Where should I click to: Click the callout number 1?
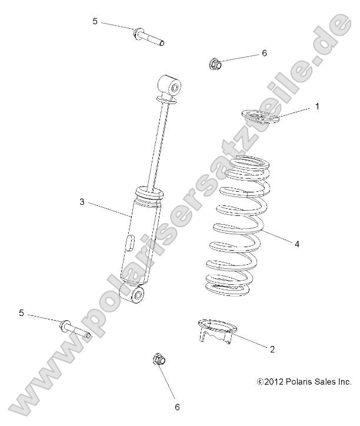click(x=317, y=106)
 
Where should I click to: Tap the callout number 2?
click(x=272, y=349)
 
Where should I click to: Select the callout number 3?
click(x=82, y=202)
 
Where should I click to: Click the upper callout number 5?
click(x=95, y=21)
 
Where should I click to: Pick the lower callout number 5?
click(x=22, y=313)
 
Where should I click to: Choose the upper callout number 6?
click(x=264, y=53)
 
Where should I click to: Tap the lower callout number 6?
click(x=176, y=406)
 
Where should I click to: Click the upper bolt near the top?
click(x=147, y=38)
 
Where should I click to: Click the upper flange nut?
click(x=216, y=64)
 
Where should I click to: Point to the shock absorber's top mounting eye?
click(x=171, y=87)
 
